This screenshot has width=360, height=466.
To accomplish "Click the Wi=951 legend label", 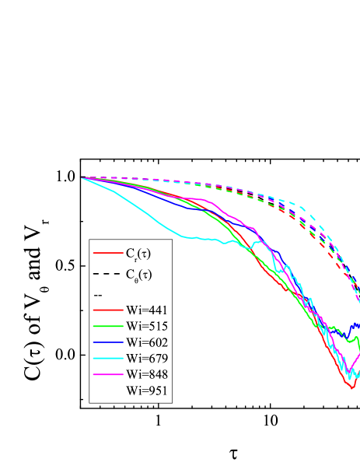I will (x=147, y=391).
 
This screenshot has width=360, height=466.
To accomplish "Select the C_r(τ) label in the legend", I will (x=138, y=253).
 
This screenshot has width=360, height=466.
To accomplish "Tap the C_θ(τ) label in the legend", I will (x=138, y=274).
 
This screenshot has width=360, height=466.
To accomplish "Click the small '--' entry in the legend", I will (x=97, y=295).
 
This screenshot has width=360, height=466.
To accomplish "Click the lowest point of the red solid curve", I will (x=352, y=387).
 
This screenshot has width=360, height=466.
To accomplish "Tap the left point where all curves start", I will (x=82, y=178).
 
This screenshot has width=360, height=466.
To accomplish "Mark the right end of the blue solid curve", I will (x=358, y=324).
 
